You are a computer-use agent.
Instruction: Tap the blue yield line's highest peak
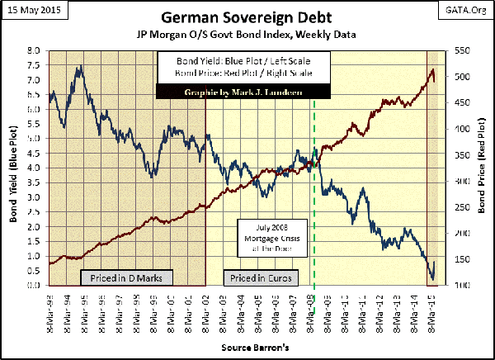(78, 66)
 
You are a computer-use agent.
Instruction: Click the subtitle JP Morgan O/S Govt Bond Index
(247, 36)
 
